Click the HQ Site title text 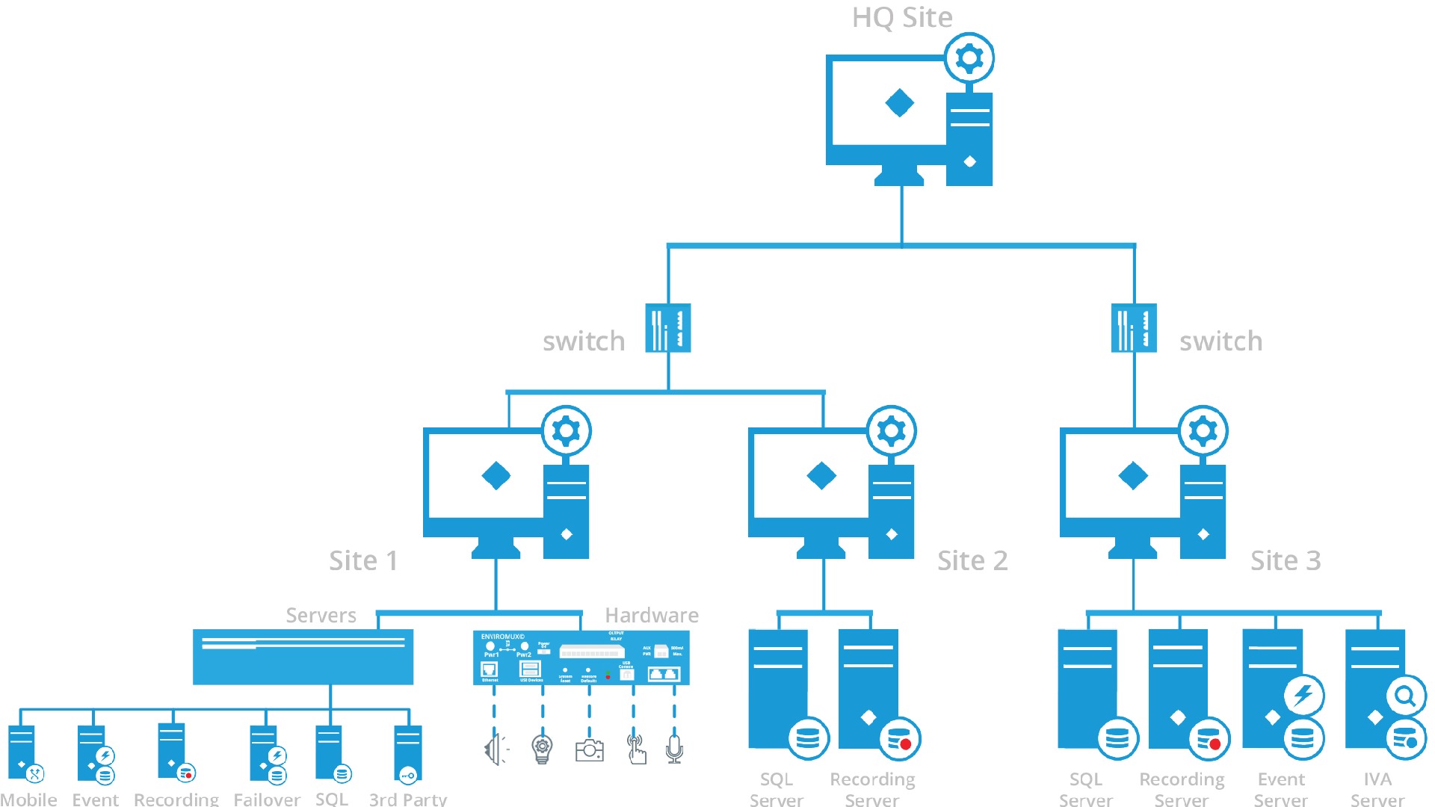click(x=902, y=17)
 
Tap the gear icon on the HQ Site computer click(x=969, y=58)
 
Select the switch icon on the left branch click(x=668, y=327)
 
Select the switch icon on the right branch click(x=1134, y=327)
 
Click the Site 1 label click(x=363, y=560)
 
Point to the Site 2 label click(x=972, y=560)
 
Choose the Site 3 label click(x=1286, y=560)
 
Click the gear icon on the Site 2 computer click(x=892, y=431)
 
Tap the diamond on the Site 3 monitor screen click(x=1133, y=475)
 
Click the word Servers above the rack click(x=321, y=615)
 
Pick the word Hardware click(x=652, y=615)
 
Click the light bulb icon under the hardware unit click(x=542, y=748)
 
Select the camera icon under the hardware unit click(x=589, y=749)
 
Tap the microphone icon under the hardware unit click(x=674, y=748)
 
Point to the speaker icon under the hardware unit click(x=496, y=749)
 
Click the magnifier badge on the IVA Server click(x=1406, y=696)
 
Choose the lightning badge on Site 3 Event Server click(x=1304, y=695)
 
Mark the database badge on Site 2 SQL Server click(x=808, y=739)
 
